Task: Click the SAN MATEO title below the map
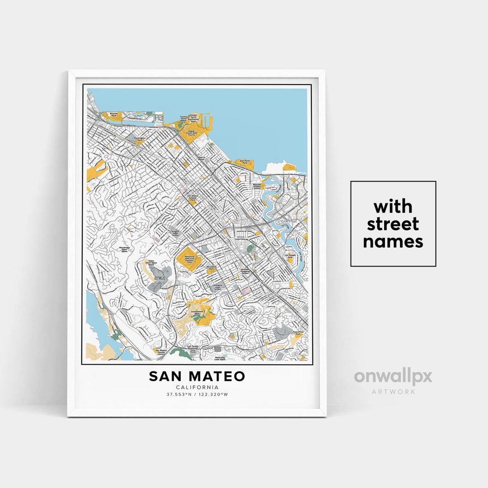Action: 197,376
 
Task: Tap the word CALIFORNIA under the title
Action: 197,387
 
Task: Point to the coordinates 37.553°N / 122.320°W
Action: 197,394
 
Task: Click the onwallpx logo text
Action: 393,377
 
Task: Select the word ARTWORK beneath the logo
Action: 393,392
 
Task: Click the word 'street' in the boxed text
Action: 393,224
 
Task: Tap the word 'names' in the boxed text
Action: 393,242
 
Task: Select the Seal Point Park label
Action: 244,161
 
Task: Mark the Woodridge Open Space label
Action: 124,249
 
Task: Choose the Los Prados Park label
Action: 290,256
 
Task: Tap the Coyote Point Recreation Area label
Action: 193,118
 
